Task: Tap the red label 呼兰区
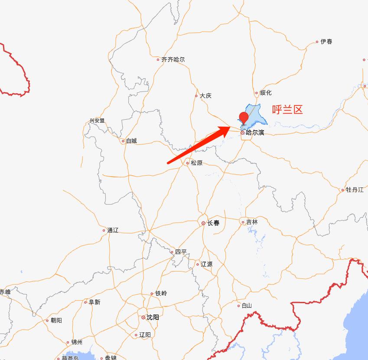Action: [287, 109]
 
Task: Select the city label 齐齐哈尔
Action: [173, 59]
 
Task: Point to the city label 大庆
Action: [205, 96]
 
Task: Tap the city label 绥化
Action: [265, 93]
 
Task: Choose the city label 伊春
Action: [326, 42]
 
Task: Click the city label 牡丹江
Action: [355, 190]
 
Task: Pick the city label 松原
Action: [196, 163]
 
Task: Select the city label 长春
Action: [213, 223]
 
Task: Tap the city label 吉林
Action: [251, 222]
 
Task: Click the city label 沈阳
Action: [153, 317]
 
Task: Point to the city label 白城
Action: [131, 141]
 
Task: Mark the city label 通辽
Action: [113, 230]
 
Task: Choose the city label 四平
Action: [181, 252]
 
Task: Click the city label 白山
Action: [247, 306]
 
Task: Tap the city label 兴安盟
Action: [97, 121]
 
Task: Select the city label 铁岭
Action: [161, 294]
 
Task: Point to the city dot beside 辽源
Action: [197, 264]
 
